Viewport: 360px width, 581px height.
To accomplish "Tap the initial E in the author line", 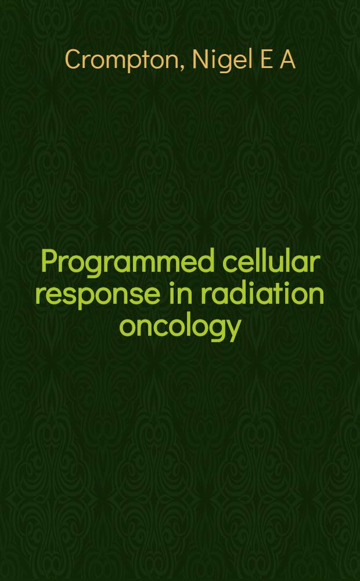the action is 265,59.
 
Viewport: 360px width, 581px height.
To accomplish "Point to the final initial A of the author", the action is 287,59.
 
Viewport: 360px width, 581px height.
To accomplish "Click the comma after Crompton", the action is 183,68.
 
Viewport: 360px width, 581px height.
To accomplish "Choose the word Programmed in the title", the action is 127,263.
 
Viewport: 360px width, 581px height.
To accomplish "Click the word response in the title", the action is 98,295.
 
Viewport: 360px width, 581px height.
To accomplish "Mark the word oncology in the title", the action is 180,326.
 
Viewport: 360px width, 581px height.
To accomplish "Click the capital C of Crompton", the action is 74,59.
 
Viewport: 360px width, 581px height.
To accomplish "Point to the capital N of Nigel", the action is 200,59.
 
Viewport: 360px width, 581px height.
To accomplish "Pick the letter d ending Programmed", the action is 207,261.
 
